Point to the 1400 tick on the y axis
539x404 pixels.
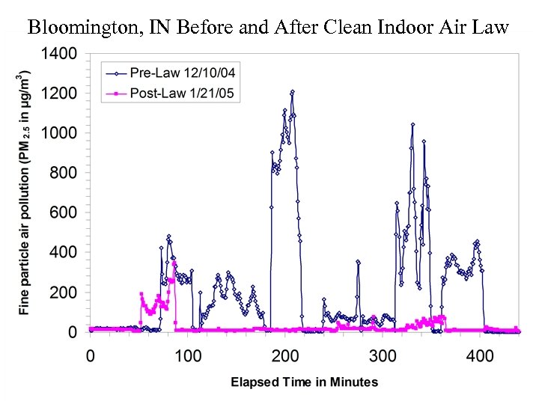click(59, 55)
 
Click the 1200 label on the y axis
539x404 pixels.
click(59, 94)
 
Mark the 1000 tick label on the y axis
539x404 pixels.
click(59, 134)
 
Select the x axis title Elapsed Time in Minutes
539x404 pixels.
click(304, 382)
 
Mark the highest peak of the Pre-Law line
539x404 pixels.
click(292, 92)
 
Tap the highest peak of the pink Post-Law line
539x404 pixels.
click(174, 263)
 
